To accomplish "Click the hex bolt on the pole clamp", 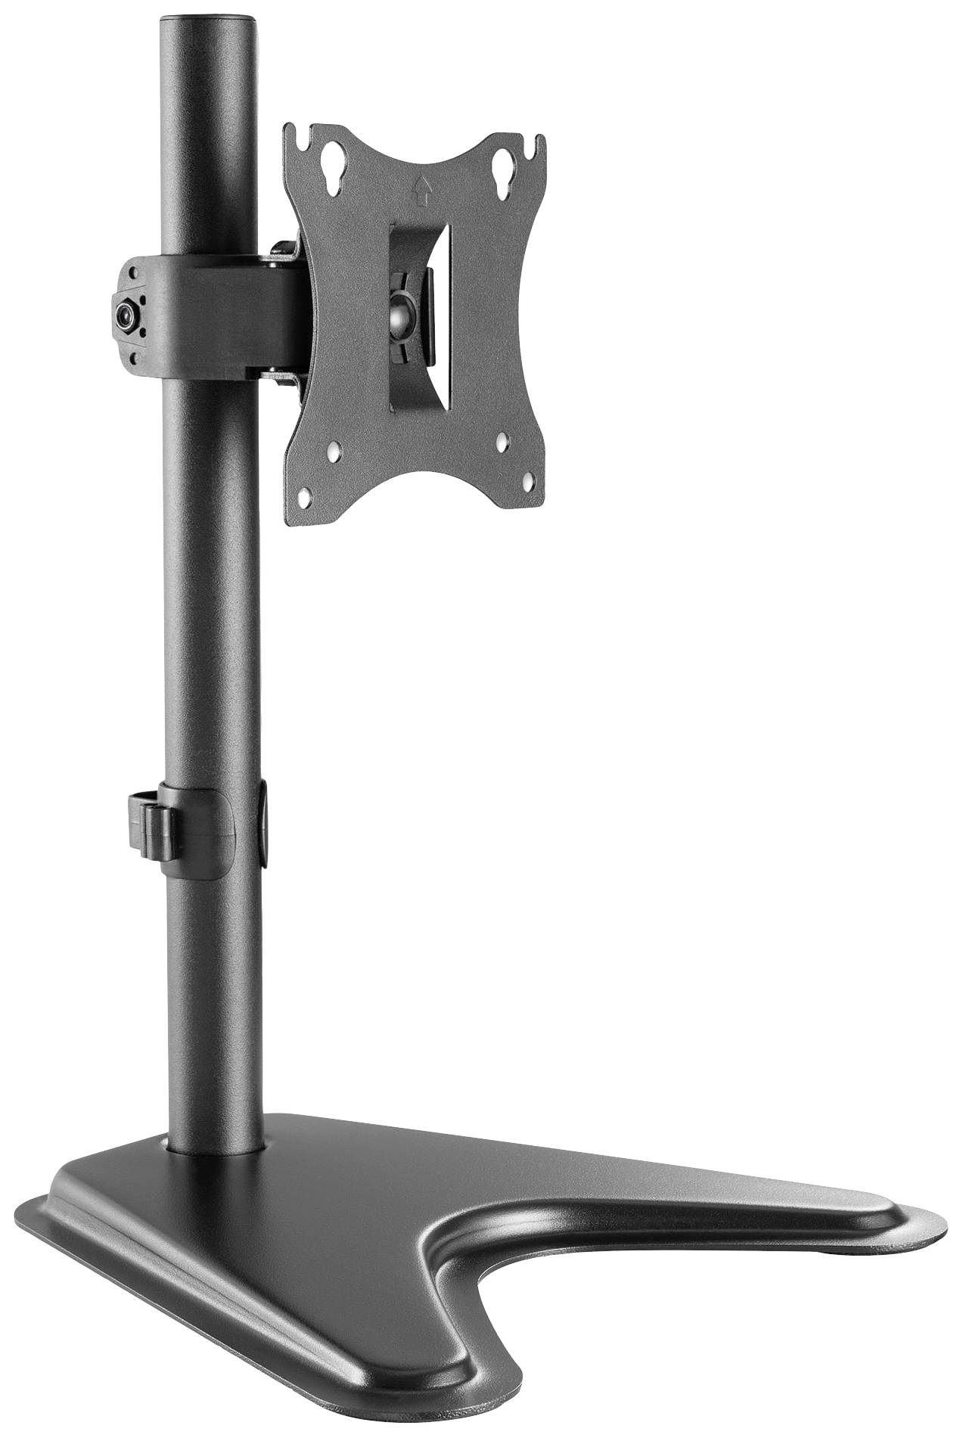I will click(x=125, y=312).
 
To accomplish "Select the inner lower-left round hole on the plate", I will click(x=334, y=453).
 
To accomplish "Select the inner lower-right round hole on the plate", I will click(x=503, y=439).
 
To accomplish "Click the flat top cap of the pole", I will click(x=206, y=14).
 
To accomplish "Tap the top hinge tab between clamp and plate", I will click(x=281, y=250).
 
